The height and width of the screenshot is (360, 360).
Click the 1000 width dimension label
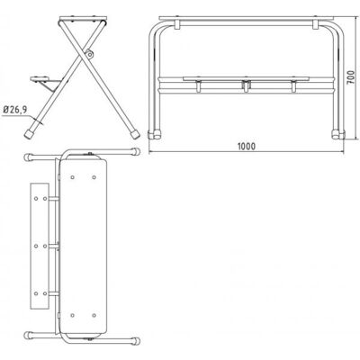[247, 146]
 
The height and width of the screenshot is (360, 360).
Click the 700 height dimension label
[350, 77]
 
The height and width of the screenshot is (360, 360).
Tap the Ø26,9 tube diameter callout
[14, 110]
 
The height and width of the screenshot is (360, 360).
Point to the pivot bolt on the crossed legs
[89, 54]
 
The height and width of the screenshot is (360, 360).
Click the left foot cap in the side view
[29, 134]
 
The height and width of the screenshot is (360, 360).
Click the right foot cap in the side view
[135, 134]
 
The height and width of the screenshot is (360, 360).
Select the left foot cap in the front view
[155, 134]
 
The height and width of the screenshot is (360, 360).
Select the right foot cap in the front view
[338, 134]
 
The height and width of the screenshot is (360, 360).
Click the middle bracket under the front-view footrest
[246, 85]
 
